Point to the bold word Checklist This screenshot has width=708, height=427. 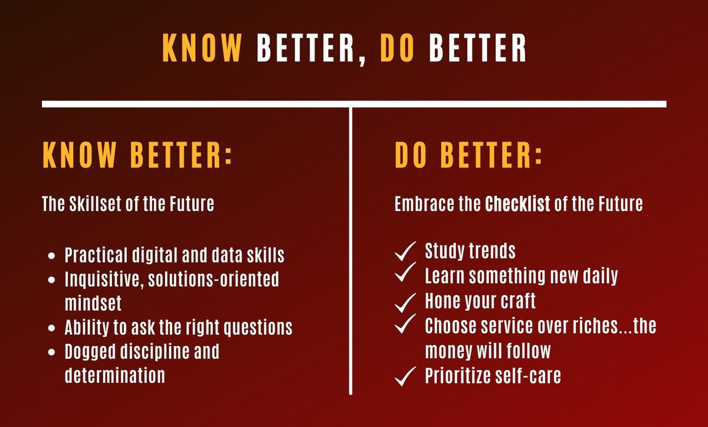(517, 205)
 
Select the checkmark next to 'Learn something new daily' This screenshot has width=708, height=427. (405, 273)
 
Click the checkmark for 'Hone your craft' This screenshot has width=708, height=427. (405, 302)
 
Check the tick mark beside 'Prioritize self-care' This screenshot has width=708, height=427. (405, 376)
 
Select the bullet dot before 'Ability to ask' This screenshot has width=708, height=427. (53, 327)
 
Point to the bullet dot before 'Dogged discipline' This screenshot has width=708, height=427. (53, 352)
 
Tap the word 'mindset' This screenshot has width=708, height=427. (93, 303)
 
